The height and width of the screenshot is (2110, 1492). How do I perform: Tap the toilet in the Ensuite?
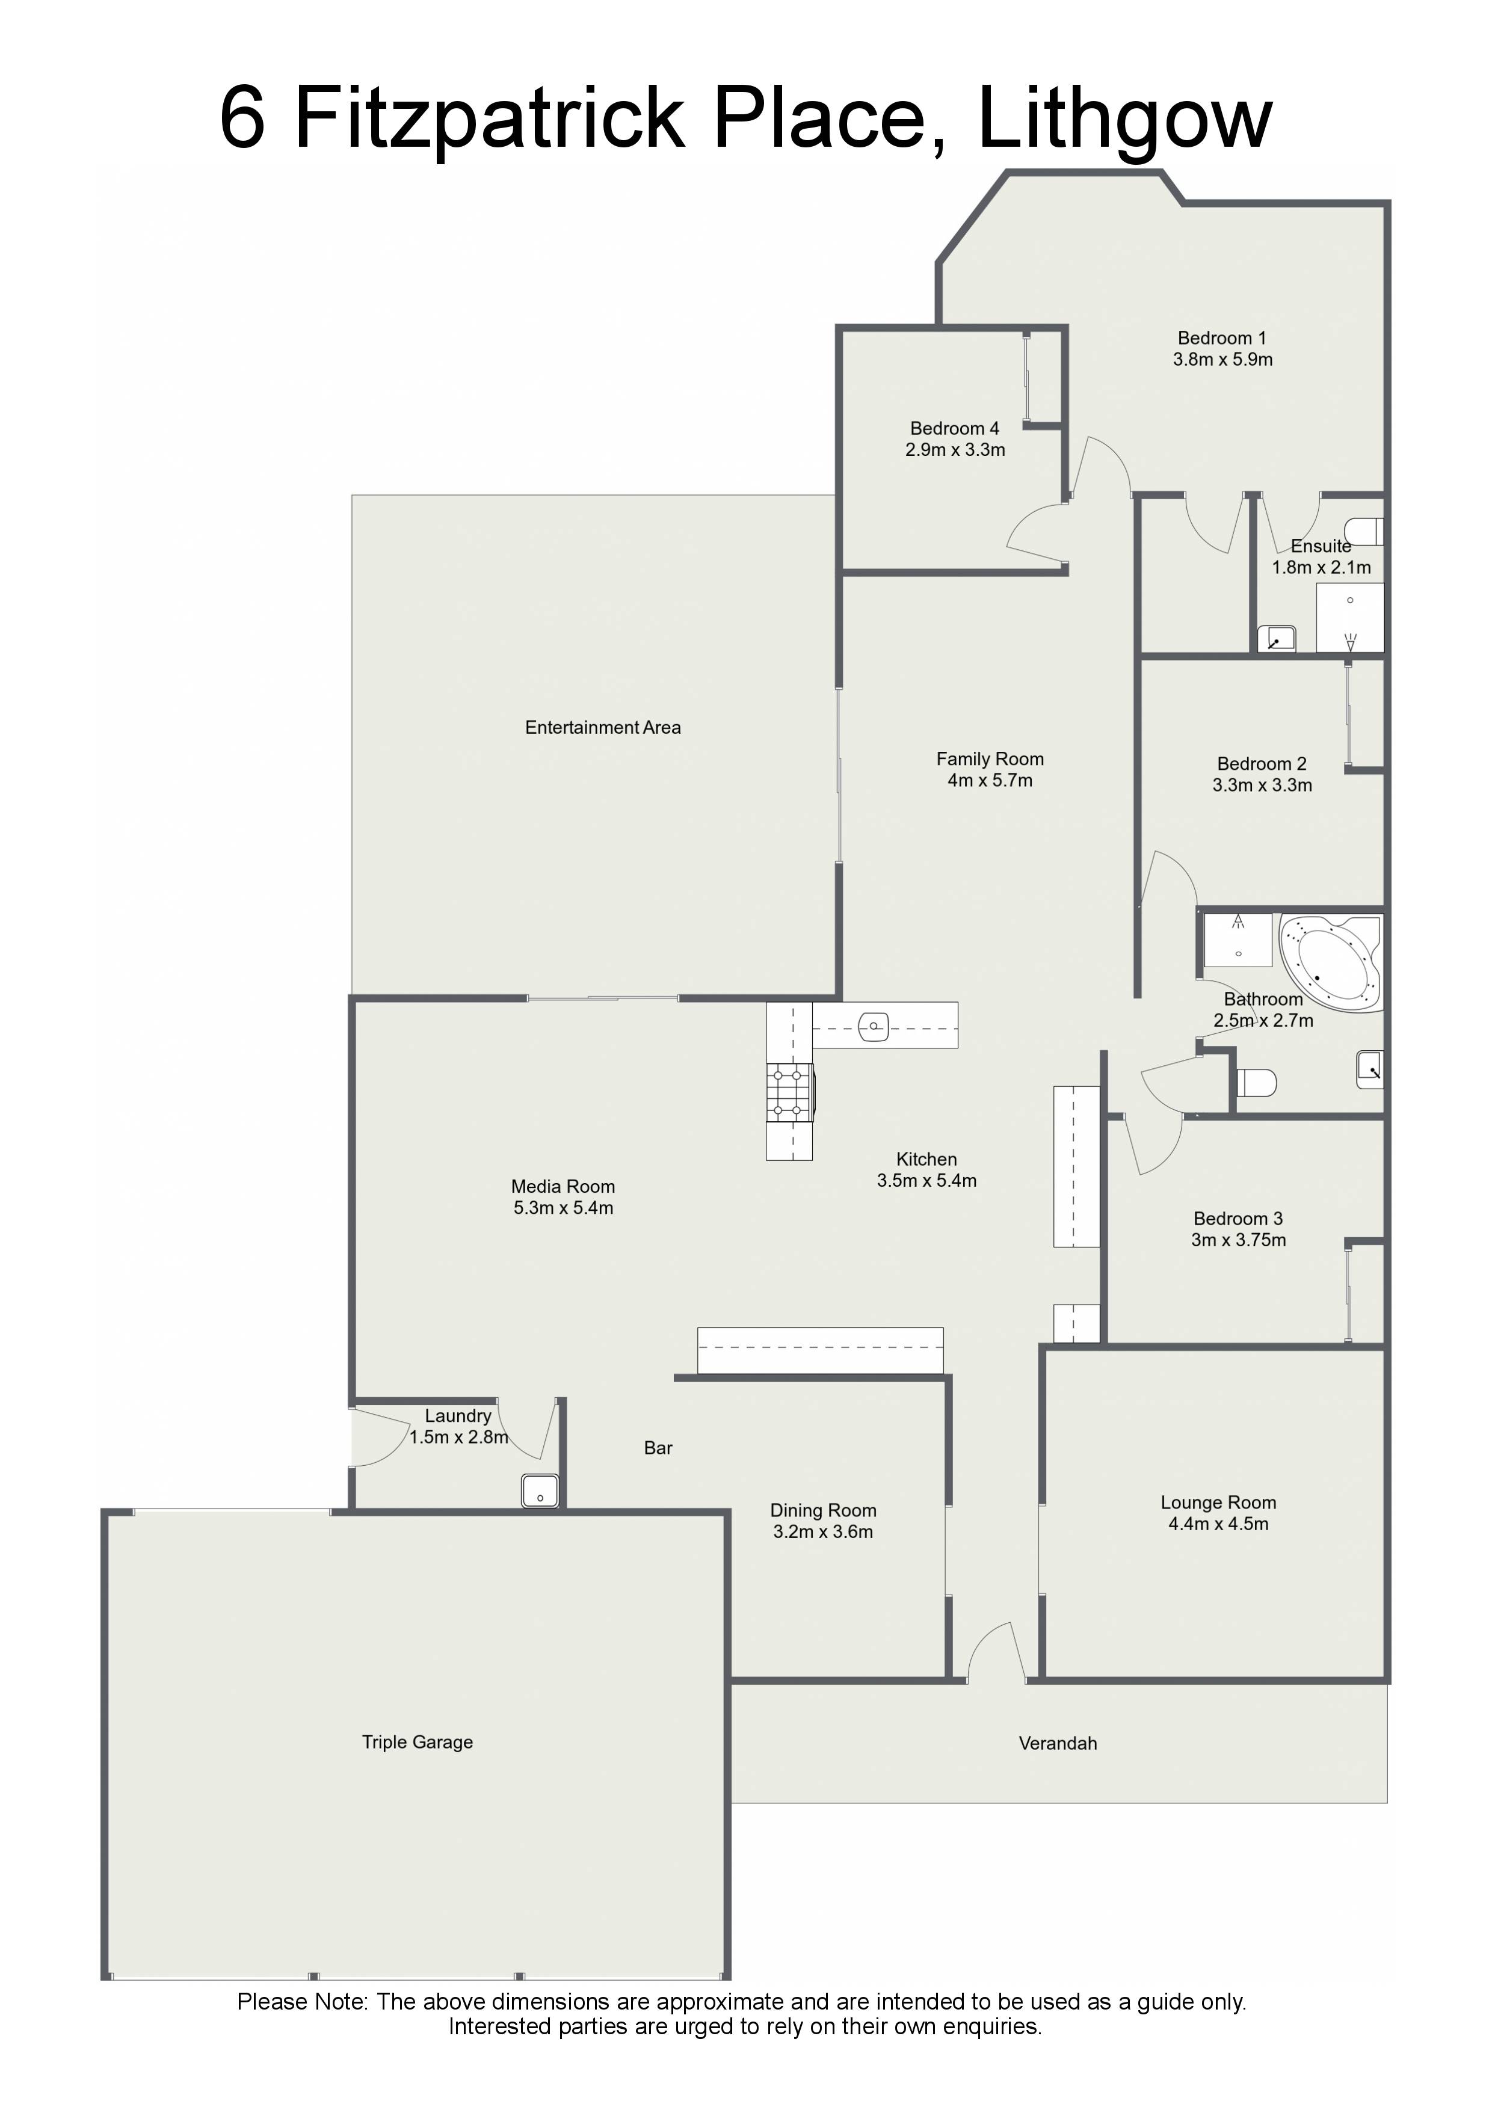pyautogui.click(x=1364, y=531)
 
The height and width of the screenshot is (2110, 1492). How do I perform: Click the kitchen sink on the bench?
pyautogui.click(x=874, y=1026)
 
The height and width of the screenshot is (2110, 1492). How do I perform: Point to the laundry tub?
pyautogui.click(x=540, y=1490)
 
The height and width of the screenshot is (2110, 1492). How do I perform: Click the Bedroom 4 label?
pyautogui.click(x=954, y=428)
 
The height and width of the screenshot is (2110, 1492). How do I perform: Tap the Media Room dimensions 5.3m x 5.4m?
pyautogui.click(x=564, y=1208)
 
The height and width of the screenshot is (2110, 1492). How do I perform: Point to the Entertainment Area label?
pyautogui.click(x=603, y=728)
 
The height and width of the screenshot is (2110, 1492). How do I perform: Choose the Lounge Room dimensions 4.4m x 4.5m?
pyautogui.click(x=1218, y=1524)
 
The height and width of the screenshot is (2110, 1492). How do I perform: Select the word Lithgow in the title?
pyautogui.click(x=1125, y=120)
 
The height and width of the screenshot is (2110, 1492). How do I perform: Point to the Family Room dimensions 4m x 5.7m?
pyautogui.click(x=990, y=780)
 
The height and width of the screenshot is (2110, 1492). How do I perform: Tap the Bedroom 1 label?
pyautogui.click(x=1222, y=338)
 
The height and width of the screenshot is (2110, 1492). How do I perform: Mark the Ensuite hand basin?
pyautogui.click(x=1277, y=638)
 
